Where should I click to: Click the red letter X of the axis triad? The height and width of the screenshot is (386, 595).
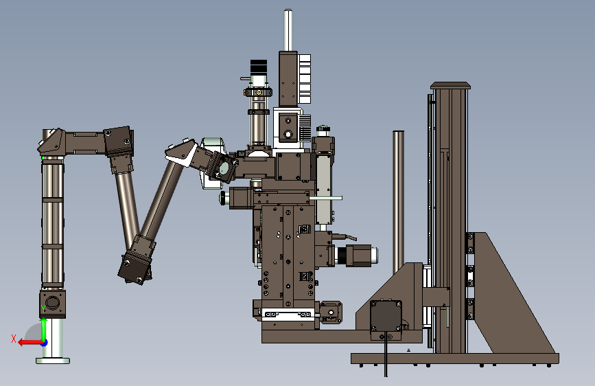click(x=14, y=339)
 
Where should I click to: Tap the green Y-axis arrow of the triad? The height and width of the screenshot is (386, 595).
click(x=44, y=329)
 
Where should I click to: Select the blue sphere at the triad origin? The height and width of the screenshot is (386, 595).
click(x=45, y=343)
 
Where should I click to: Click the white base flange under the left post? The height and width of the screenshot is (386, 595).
click(x=53, y=361)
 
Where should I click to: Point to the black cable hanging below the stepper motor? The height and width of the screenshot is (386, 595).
click(x=386, y=356)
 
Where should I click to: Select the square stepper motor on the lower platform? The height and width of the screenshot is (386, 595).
click(x=386, y=315)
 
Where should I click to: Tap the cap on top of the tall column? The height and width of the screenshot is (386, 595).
click(x=450, y=85)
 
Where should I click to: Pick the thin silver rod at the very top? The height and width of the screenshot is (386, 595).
click(x=288, y=30)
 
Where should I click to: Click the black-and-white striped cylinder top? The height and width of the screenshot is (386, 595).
click(x=259, y=67)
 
